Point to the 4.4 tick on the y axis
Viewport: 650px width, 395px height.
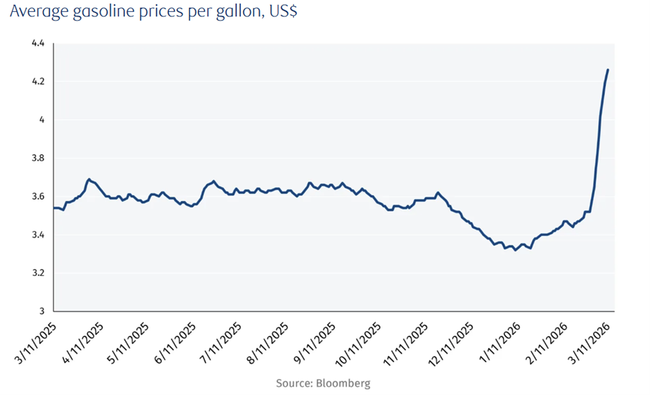point(38,43)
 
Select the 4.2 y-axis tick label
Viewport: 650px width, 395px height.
point(38,81)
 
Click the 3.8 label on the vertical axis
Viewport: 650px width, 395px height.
point(38,158)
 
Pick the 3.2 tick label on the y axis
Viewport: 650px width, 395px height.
point(38,273)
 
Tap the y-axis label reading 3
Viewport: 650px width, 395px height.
point(42,311)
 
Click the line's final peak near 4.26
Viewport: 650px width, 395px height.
point(608,70)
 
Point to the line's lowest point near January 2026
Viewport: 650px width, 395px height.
point(515,250)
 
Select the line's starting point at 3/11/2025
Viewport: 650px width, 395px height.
point(54,207)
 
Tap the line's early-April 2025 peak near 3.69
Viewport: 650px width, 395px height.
point(89,179)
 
